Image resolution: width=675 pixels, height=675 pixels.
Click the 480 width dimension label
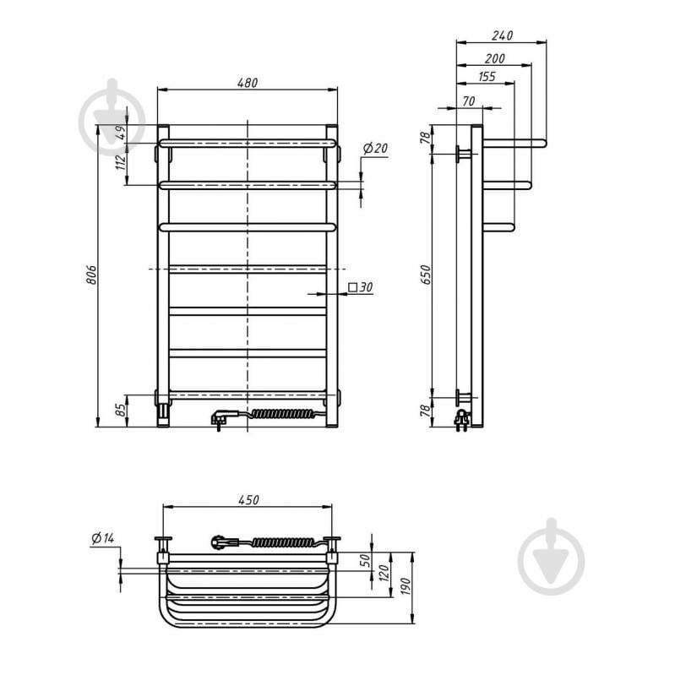click(248, 82)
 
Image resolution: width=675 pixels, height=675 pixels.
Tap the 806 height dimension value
click(91, 275)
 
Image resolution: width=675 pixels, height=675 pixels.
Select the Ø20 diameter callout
click(375, 148)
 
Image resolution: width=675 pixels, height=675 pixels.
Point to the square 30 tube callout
click(361, 286)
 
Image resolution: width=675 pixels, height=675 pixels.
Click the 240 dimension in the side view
click(502, 35)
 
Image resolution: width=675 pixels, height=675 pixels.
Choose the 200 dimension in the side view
click(494, 58)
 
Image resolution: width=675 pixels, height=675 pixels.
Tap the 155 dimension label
click(487, 76)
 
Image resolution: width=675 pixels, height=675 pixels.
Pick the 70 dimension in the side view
click(468, 101)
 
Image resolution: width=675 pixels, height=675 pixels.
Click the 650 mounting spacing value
click(425, 275)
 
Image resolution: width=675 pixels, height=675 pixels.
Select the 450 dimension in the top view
click(248, 500)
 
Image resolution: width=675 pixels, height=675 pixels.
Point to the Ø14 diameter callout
click(103, 537)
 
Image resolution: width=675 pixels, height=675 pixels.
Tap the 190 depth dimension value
click(406, 587)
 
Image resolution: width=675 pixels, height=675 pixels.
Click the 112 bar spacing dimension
click(121, 162)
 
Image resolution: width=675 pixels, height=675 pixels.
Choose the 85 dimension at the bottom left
click(122, 409)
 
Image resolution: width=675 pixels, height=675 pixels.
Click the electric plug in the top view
click(223, 542)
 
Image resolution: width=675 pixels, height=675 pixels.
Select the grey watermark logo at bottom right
click(551, 557)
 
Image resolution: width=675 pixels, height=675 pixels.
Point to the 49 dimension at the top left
click(122, 132)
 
